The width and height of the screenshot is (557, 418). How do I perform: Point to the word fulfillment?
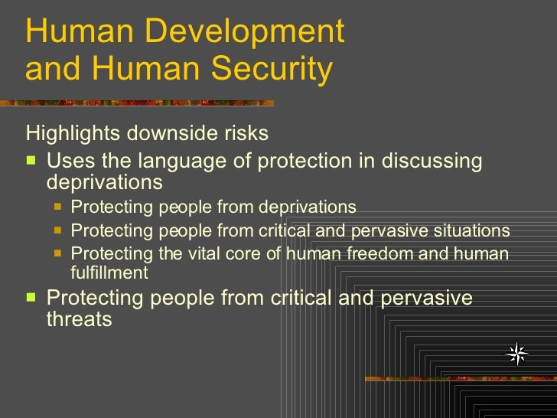pyautogui.click(x=109, y=273)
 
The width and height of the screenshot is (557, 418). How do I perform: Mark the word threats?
pyautogui.click(x=80, y=319)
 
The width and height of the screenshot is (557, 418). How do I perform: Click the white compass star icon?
pyautogui.click(x=518, y=354)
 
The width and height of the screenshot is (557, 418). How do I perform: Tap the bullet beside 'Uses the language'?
pyautogui.click(x=31, y=162)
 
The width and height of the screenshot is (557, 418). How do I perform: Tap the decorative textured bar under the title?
pyautogui.click(x=138, y=102)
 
